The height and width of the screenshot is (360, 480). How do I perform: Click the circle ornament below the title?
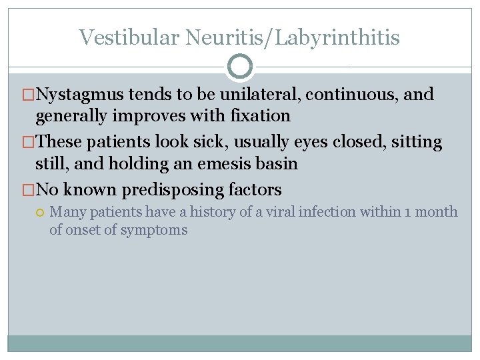[x=240, y=67]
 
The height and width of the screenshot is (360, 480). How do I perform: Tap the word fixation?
[x=257, y=116]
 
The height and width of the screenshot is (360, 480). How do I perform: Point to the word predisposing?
[x=175, y=190]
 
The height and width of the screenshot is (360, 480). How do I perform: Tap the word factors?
[x=256, y=190]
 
